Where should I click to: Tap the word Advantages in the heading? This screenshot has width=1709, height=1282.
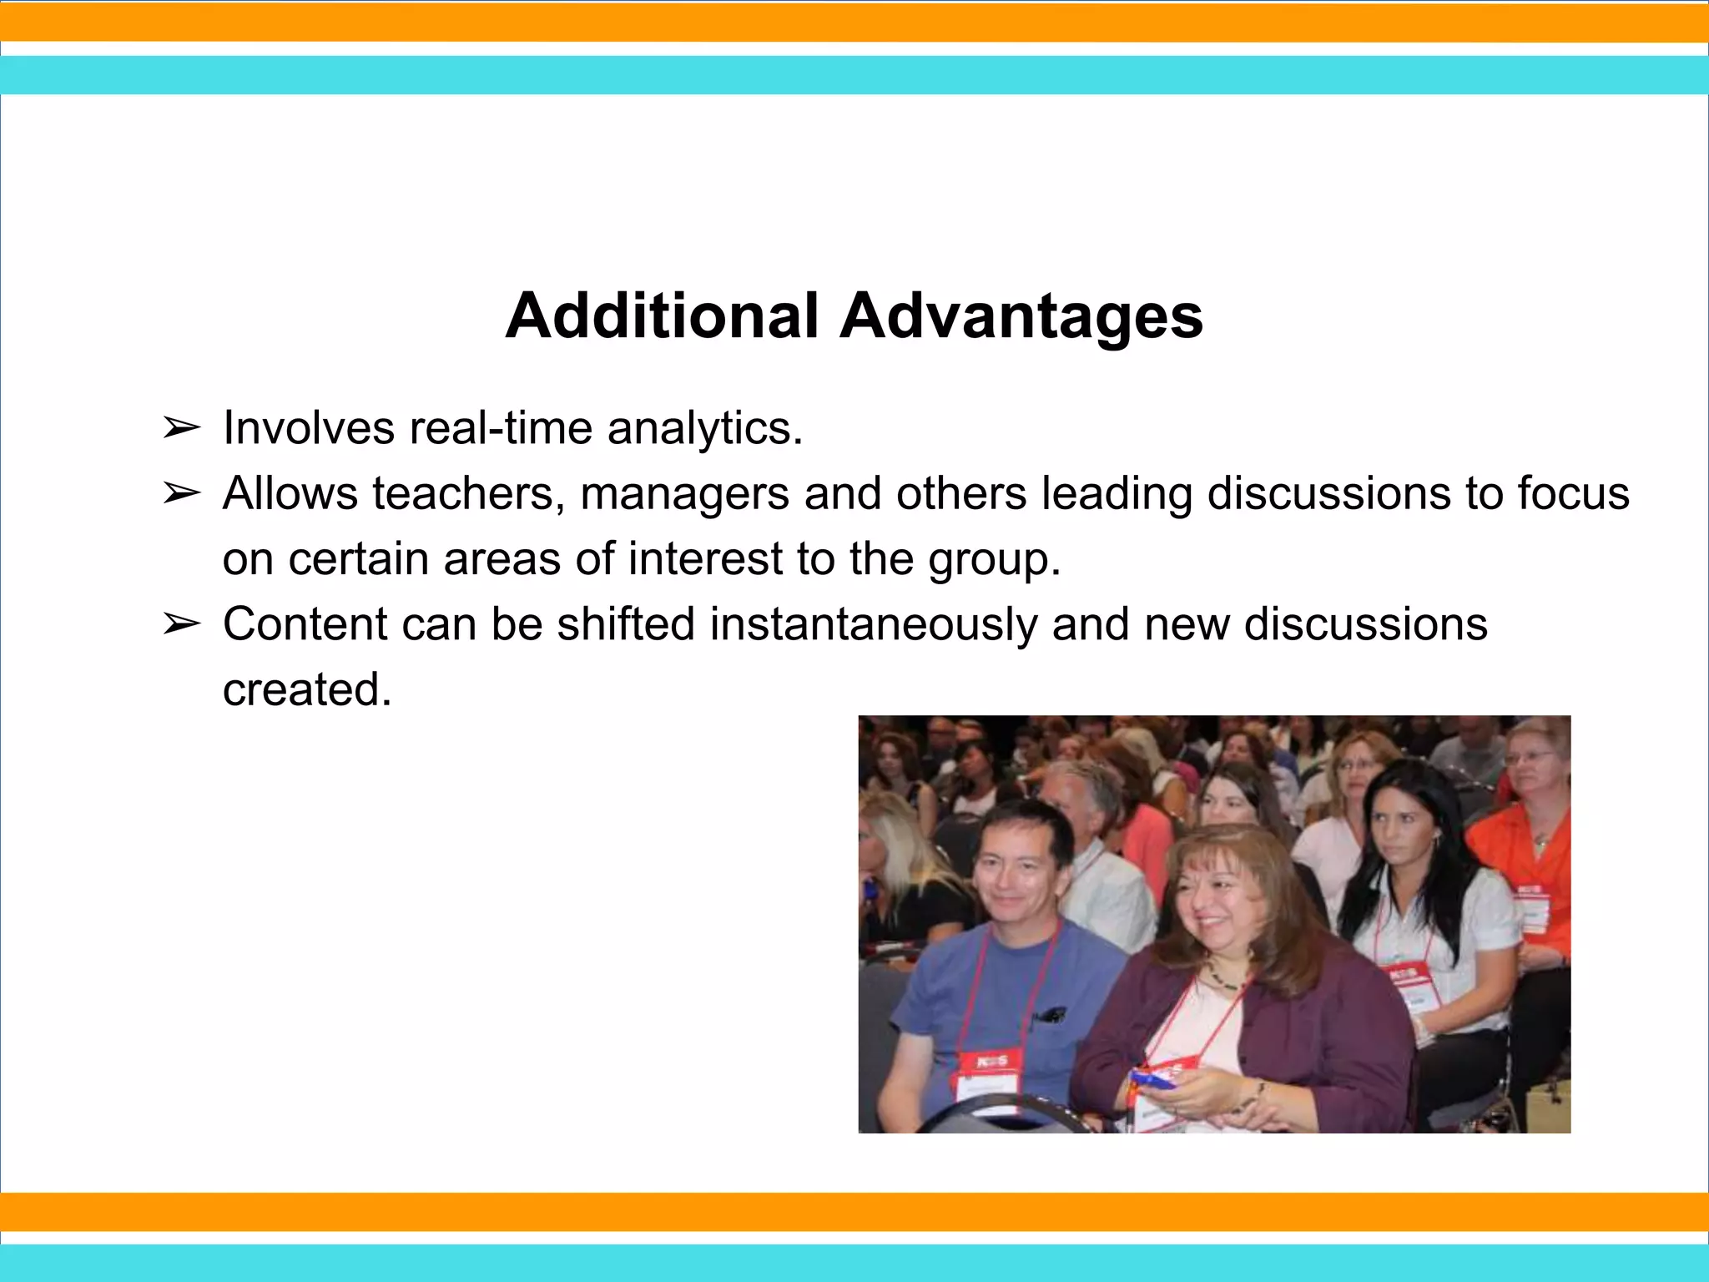click(1021, 317)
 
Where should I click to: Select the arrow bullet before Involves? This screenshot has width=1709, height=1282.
click(181, 429)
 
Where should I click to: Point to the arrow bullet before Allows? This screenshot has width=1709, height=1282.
click(181, 494)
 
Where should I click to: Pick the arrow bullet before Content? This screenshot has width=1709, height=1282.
click(181, 624)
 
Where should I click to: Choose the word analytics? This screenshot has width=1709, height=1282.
click(704, 430)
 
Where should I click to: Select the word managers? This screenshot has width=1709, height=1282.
click(684, 495)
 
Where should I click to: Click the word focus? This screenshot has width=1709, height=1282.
click(1573, 493)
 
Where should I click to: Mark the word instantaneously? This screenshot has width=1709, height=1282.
click(873, 624)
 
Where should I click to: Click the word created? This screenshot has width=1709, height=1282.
click(306, 689)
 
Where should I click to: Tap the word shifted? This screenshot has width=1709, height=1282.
click(626, 623)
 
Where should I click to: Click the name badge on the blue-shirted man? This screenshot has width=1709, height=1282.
click(987, 1077)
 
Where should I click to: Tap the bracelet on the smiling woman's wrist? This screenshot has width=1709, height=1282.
click(1261, 1089)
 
